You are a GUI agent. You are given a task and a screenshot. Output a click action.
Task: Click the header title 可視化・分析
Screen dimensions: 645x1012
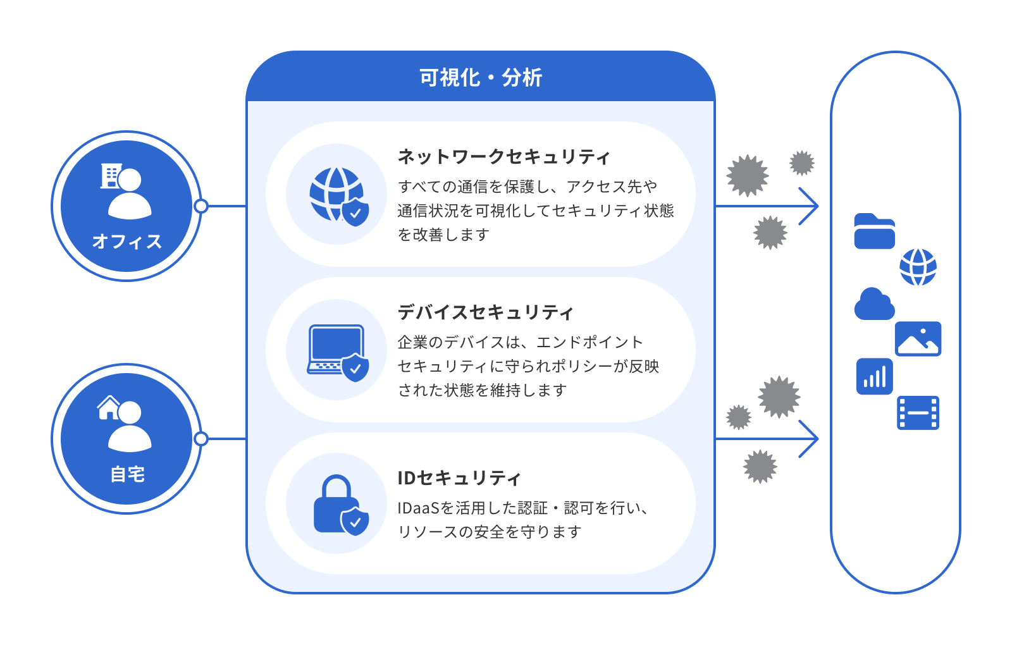tap(481, 78)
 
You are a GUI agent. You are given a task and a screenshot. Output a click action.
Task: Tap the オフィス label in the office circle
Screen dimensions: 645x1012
tap(126, 242)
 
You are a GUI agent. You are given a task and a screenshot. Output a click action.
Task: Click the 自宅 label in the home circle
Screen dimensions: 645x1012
tap(127, 474)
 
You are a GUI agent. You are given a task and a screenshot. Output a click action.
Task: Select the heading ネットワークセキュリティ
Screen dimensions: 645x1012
tap(503, 156)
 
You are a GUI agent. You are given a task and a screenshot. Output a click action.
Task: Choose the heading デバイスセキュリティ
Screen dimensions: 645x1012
tap(485, 312)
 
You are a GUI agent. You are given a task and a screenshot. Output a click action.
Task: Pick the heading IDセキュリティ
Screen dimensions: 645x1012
tap(459, 478)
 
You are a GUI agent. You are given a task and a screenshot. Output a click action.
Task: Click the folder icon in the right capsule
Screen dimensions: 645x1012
tap(874, 231)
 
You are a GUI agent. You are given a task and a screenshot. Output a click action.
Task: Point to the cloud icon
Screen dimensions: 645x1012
tap(874, 304)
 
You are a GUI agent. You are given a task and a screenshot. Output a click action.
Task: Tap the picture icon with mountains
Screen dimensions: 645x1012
tap(918, 339)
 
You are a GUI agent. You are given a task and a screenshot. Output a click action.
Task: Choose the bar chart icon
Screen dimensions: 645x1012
tap(874, 376)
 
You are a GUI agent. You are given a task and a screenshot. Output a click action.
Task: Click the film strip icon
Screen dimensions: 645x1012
tap(918, 413)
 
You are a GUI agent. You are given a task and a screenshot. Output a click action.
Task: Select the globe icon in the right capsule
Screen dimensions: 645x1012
tap(918, 267)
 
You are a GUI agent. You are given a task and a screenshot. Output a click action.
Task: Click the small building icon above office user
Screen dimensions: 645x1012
tap(111, 176)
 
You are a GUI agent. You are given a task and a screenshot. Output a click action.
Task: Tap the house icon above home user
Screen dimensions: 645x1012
tap(109, 408)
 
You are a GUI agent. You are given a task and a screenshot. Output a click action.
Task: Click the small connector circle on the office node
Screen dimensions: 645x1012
tap(201, 206)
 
